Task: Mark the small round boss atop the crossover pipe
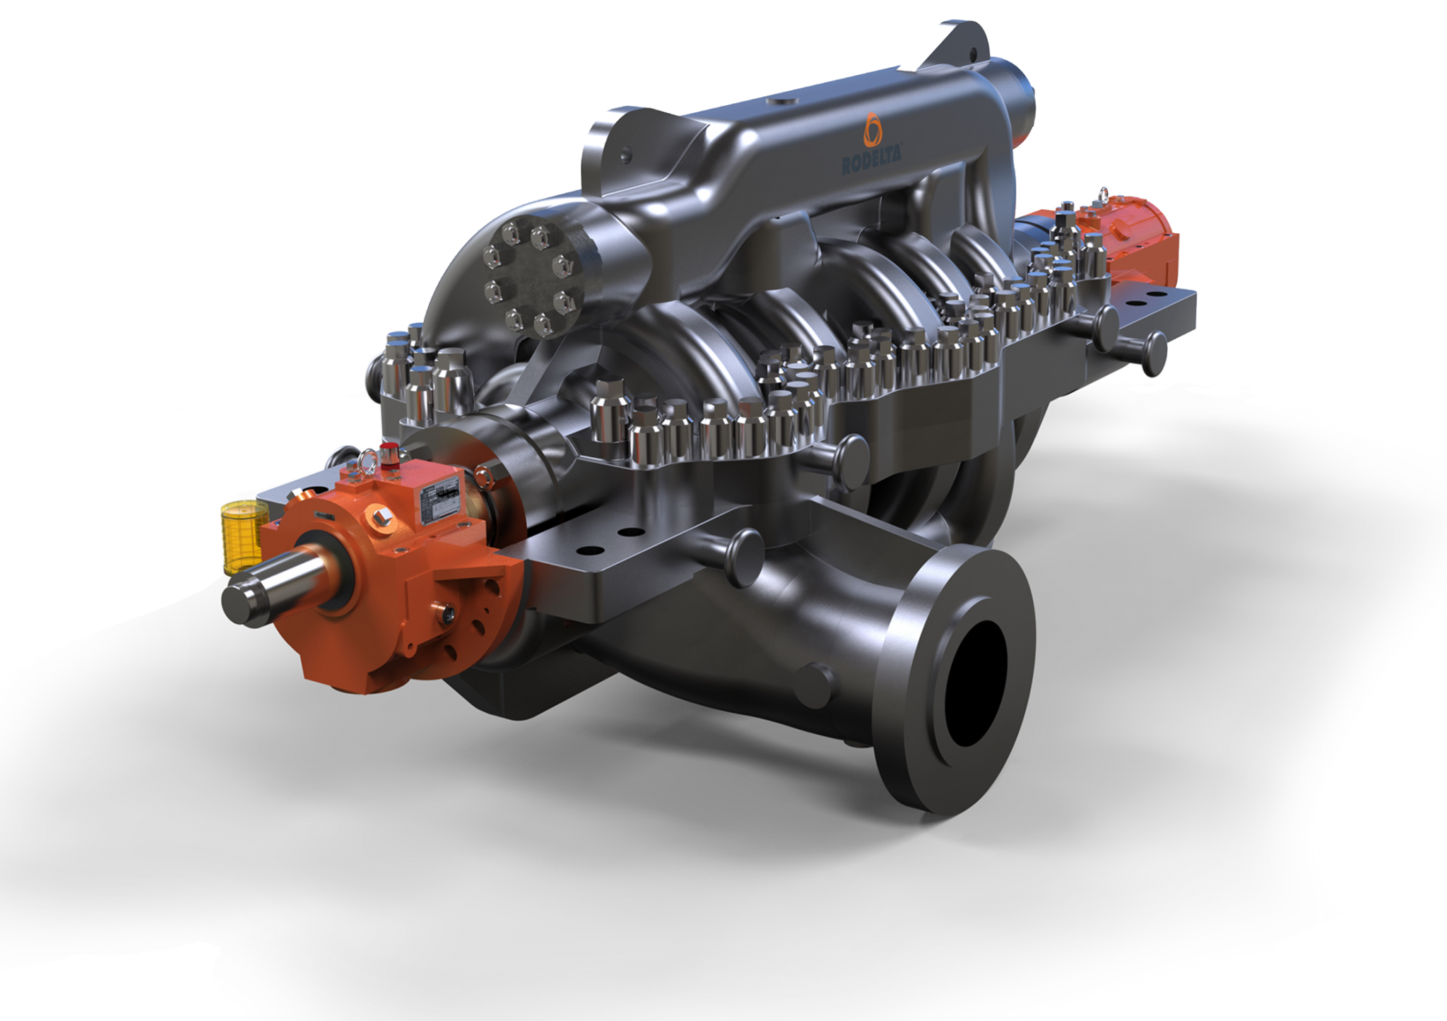(x=777, y=102)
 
